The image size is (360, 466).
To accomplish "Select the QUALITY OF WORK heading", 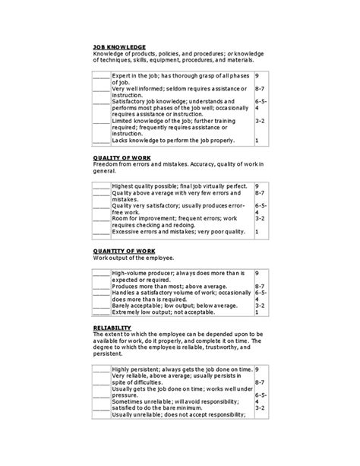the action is [x=122, y=157].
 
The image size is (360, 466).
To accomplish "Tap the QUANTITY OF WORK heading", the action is [x=125, y=250].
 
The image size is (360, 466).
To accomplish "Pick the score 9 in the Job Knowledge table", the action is [x=257, y=77].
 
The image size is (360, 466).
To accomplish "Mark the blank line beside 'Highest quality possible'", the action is [x=101, y=186].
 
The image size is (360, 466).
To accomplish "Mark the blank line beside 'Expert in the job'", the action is [x=101, y=78].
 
